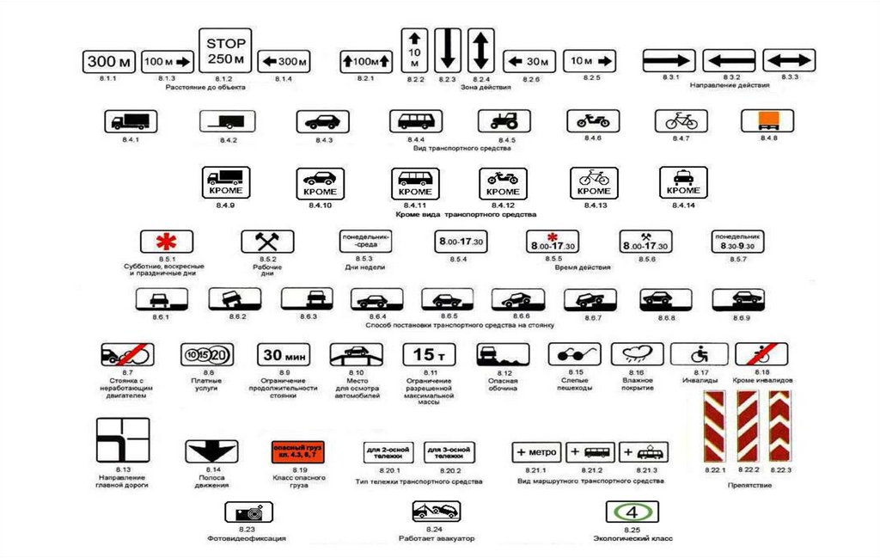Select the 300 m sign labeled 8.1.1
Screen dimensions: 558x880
108,62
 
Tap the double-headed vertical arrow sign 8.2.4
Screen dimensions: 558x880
481,50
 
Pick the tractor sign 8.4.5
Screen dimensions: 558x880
504,121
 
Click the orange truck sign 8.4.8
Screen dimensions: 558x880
762,121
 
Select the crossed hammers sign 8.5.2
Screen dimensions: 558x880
266,242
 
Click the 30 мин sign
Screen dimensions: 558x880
284,354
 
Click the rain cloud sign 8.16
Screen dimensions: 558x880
637,354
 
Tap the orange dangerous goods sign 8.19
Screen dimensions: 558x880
296,452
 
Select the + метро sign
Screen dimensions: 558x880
536,452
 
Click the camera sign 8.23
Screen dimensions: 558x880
249,512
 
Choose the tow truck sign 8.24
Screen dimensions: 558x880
436,512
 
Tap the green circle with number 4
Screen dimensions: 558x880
632,512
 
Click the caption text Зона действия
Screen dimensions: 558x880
486,88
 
